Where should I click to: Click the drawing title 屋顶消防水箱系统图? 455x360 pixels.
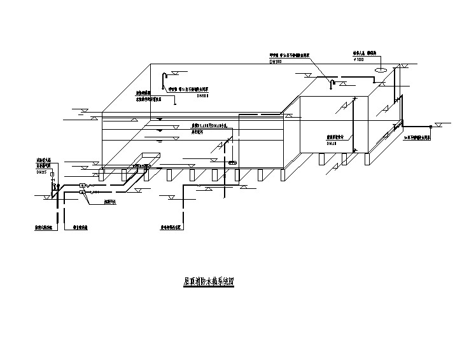pyautogui.click(x=204, y=280)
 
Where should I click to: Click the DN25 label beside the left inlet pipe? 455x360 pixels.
pyautogui.click(x=43, y=170)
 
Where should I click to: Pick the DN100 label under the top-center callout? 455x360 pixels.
pyautogui.click(x=276, y=62)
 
